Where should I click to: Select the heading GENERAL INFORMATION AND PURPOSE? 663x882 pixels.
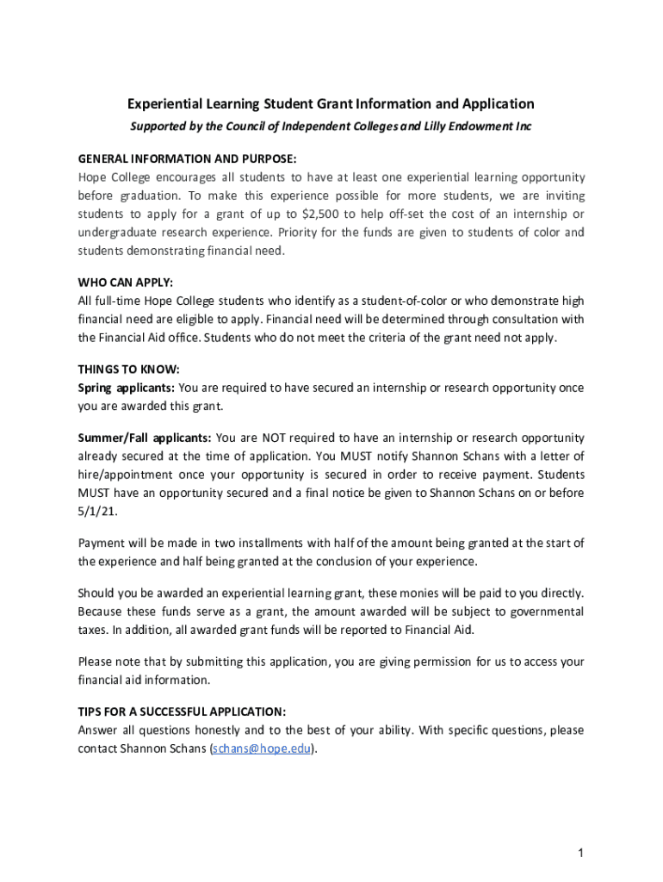pyautogui.click(x=187, y=159)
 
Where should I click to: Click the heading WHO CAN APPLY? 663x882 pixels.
pyautogui.click(x=126, y=283)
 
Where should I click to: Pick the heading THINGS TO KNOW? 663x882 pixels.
pyautogui.click(x=128, y=370)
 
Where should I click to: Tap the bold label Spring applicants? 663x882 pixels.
pyautogui.click(x=126, y=388)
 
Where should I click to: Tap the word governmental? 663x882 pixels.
pyautogui.click(x=542, y=612)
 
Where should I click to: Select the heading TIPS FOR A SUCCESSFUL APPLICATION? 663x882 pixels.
pyautogui.click(x=182, y=711)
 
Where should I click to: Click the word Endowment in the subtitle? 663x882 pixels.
pyautogui.click(x=480, y=127)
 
